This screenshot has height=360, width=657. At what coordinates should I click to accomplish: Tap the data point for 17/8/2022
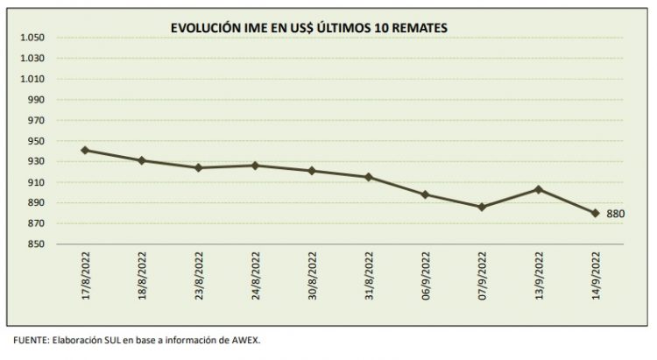[x=84, y=150]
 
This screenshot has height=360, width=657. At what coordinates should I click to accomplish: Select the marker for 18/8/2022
[x=141, y=160]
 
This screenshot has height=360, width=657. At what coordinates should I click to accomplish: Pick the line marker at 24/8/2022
[x=254, y=166]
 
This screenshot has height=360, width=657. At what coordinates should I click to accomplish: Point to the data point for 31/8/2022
[x=368, y=177]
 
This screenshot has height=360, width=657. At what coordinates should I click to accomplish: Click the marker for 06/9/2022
[x=425, y=194]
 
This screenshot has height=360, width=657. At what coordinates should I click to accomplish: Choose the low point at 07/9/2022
[x=482, y=207]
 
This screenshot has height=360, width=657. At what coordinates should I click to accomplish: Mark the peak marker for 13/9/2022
[x=539, y=189]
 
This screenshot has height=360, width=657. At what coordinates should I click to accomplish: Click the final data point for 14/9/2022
[x=596, y=213]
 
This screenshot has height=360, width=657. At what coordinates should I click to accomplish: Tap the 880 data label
[x=615, y=213]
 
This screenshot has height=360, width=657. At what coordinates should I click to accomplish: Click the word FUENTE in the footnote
[x=30, y=342]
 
